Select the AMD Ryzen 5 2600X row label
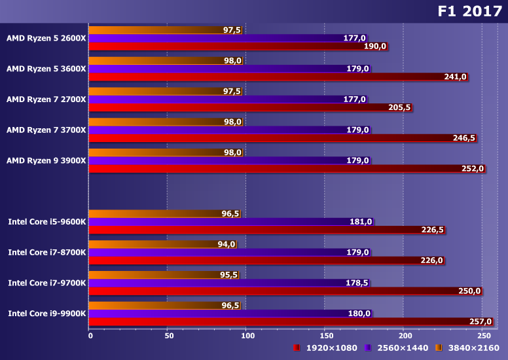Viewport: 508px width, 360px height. [46, 38]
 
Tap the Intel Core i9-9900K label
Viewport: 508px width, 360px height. [47, 314]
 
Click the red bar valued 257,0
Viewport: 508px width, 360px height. [288, 321]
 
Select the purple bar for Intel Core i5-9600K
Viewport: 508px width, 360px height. [216, 222]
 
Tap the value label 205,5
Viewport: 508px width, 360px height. [399, 107]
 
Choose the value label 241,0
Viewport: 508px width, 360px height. [455, 77]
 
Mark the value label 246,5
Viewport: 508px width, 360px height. [463, 138]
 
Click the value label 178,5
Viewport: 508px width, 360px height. [357, 283]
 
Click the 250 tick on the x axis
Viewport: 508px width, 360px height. [482, 336]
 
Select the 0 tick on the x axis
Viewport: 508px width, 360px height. [90, 336]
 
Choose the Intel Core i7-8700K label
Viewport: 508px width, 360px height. [47, 252]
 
